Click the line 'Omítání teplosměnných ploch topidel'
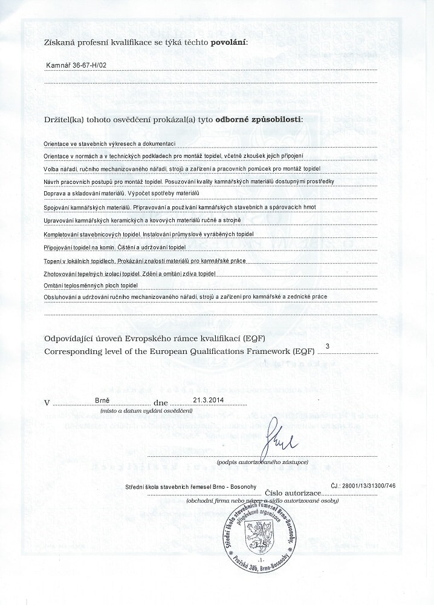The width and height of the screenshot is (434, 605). (91, 285)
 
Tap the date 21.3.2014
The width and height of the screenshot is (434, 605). (209, 400)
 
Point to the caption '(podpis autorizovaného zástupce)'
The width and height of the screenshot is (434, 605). (260, 462)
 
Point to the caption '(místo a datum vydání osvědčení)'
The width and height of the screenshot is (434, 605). (147, 411)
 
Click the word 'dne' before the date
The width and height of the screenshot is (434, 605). (160, 402)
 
